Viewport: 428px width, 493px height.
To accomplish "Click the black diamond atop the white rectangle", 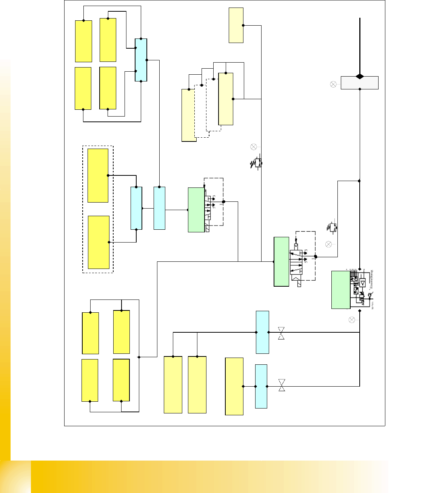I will tap(360, 77).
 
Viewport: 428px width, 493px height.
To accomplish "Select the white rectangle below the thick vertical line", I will tap(359, 83).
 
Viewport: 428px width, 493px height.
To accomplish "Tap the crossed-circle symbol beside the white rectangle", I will tap(333, 84).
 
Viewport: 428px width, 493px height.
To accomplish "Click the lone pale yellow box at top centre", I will tap(236, 25).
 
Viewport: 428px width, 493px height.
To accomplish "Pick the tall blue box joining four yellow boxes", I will tap(141, 60).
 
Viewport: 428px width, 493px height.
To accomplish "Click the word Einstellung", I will tap(371, 280).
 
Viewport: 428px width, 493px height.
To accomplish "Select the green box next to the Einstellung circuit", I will tap(341, 290).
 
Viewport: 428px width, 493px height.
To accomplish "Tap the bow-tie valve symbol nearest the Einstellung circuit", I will tap(281, 333).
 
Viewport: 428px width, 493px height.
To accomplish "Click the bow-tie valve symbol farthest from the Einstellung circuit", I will tap(282, 385).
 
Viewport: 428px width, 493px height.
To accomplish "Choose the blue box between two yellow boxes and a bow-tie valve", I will tap(262, 332).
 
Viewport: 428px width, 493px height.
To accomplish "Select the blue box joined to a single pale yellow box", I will tap(261, 386).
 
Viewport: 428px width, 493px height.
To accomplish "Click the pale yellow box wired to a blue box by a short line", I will tap(234, 386).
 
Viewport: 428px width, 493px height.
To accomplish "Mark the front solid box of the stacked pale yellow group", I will tap(226, 99).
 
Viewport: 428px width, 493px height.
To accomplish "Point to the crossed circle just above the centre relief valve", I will tap(254, 147).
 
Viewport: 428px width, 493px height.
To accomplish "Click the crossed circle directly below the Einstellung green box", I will tap(352, 320).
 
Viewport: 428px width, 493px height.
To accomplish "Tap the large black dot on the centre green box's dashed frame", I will tap(223, 202).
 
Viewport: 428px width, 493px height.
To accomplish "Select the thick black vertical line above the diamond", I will tap(360, 45).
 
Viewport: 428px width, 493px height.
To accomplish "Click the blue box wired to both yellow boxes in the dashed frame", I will tap(136, 208).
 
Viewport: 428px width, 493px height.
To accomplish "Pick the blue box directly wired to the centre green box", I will tap(159, 208).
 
